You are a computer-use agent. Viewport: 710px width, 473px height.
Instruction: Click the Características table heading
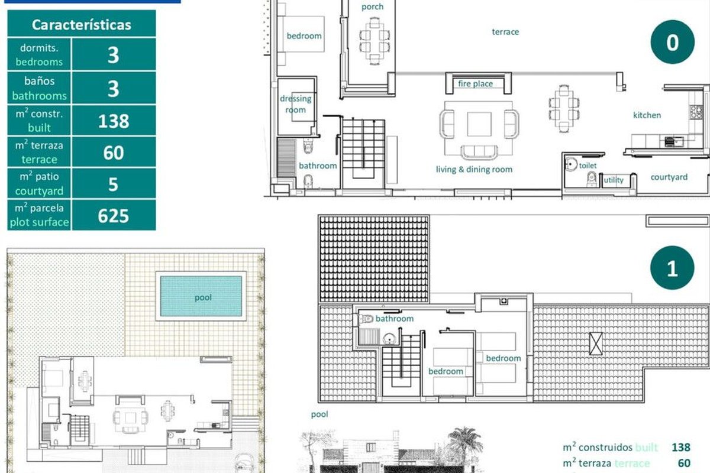[82, 25]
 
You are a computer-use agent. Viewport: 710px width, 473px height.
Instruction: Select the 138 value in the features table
[114, 121]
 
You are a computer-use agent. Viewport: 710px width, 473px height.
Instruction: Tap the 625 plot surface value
[113, 216]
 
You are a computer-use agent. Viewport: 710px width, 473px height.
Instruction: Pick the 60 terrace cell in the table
[114, 153]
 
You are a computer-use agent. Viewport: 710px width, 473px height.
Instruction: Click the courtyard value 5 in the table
[113, 184]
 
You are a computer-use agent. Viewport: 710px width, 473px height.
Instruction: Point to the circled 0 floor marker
[672, 42]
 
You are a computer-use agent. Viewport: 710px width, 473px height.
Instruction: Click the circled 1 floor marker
[672, 268]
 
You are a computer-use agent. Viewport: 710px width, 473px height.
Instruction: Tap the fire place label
[476, 83]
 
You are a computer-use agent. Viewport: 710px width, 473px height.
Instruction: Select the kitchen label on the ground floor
[647, 115]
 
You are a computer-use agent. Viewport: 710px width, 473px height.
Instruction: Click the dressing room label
[296, 104]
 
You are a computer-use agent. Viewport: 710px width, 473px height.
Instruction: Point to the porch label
[372, 7]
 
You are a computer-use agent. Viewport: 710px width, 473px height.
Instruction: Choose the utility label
[614, 180]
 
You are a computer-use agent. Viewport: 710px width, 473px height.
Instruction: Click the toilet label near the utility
[588, 166]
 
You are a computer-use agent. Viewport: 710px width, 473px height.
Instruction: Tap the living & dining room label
[474, 169]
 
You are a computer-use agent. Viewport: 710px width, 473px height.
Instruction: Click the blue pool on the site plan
[201, 296]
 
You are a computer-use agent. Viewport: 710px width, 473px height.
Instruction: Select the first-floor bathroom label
[395, 319]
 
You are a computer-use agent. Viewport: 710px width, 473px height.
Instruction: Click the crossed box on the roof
[596, 344]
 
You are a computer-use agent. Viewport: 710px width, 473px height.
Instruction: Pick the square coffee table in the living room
[479, 124]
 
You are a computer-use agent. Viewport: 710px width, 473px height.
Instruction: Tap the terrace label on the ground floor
[505, 32]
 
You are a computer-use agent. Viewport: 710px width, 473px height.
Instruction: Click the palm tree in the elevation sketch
[464, 443]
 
